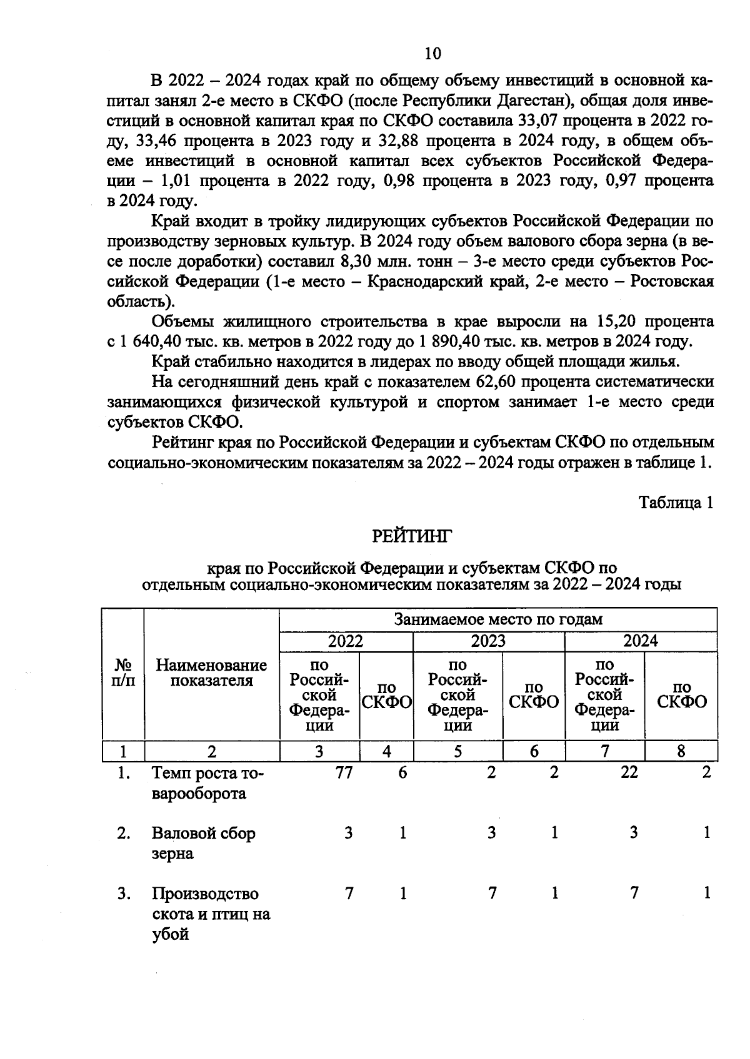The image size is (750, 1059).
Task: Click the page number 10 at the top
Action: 432,54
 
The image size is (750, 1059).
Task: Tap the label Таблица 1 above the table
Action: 676,503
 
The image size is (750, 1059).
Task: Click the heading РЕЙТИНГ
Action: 411,536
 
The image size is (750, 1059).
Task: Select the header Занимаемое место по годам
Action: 498,619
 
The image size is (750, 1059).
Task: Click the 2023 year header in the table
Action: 488,641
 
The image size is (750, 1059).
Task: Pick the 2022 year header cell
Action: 346,641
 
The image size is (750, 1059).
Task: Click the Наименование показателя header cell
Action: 211,673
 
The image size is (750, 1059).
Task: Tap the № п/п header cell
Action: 123,673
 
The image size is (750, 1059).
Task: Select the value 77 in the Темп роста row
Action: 342,772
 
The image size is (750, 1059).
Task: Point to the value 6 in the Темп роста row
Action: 402,772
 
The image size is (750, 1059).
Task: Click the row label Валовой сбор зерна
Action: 203,843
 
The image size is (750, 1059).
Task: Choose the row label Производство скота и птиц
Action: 211,914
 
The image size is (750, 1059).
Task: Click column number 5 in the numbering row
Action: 457,751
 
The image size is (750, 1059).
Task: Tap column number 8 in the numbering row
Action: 681,751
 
